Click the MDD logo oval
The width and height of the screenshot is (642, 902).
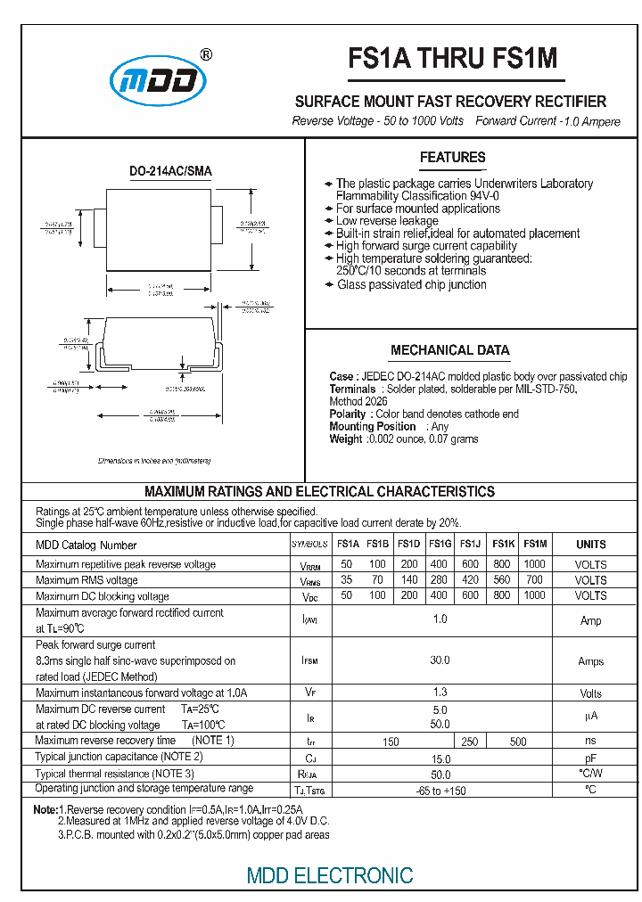158,83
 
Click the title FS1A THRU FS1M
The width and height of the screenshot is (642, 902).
452,58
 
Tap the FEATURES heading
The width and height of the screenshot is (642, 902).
452,158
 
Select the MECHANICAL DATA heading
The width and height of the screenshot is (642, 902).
449,350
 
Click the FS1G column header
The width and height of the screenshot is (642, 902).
440,544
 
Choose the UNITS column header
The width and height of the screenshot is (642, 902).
590,544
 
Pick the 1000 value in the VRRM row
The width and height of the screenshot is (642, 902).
534,564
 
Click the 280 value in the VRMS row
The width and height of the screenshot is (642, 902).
440,580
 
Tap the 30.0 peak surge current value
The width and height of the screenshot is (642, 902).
440,660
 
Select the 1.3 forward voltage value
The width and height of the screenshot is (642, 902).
440,693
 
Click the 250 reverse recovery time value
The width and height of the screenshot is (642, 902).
470,742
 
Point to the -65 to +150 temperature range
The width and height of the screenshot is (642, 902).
440,791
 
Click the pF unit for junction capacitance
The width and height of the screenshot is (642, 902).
590,758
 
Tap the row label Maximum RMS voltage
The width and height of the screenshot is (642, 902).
86,580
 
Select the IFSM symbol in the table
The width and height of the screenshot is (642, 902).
309,661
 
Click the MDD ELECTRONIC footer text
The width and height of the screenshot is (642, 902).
330,875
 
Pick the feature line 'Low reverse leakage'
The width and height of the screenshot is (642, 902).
387,221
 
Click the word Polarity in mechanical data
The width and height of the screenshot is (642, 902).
348,414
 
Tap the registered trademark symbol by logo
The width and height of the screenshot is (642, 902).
206,54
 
